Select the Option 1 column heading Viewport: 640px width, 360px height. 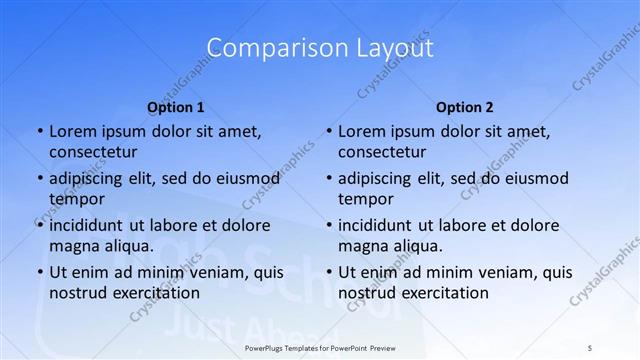pos(176,107)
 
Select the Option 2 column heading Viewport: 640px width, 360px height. pos(465,107)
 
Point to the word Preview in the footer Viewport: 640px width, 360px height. pos(390,347)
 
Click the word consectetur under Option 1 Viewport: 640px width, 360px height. pos(93,152)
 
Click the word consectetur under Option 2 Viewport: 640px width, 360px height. pos(382,152)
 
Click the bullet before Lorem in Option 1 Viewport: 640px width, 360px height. pos(39,132)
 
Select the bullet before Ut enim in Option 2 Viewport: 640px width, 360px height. pos(328,272)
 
